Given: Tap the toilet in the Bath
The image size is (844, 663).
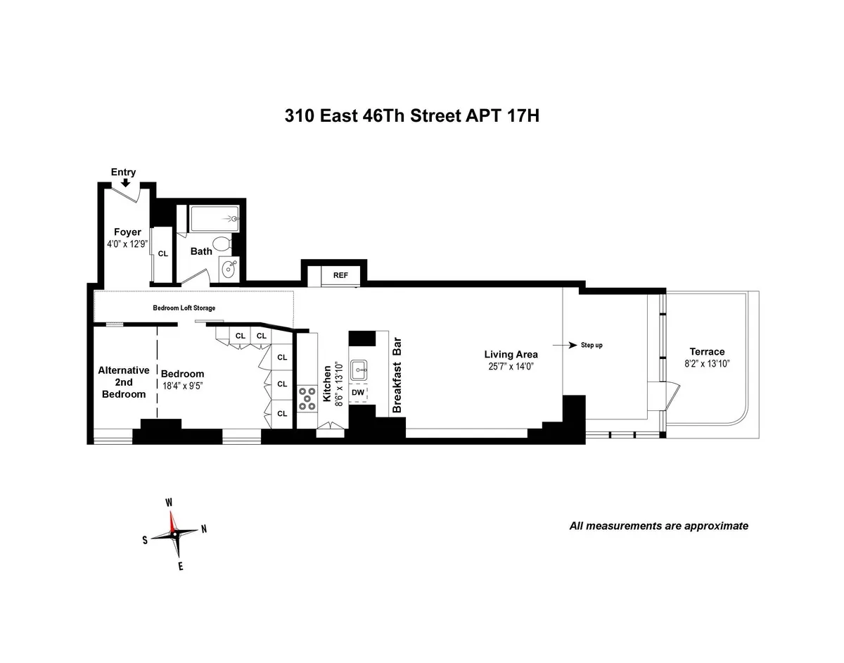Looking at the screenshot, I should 222,244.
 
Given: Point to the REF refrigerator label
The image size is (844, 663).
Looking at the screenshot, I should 340,275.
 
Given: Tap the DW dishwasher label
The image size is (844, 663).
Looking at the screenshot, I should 357,392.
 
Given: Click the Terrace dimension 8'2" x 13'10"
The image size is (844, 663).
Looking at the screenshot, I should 707,365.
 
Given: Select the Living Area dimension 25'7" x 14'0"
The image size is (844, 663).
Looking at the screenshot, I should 511,367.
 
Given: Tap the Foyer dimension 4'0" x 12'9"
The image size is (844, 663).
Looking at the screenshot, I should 127,244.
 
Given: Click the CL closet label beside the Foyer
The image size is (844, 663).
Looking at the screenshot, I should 162,253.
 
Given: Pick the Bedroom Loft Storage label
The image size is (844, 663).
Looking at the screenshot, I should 184,308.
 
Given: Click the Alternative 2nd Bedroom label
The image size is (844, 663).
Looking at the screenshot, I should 123,381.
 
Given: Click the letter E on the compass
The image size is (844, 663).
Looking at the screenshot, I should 181,565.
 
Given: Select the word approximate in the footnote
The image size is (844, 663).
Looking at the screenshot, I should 715,526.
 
